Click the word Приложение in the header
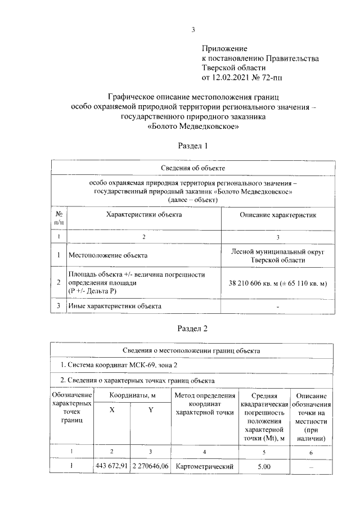pos(224,49)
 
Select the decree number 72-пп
pos(280,77)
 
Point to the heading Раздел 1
pos(193,146)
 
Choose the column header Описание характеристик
pos(278,215)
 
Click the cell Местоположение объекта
pos(108,255)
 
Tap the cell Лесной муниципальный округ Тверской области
pos(278,255)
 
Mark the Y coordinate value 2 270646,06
pos(150,466)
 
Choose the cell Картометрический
pos(204,466)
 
